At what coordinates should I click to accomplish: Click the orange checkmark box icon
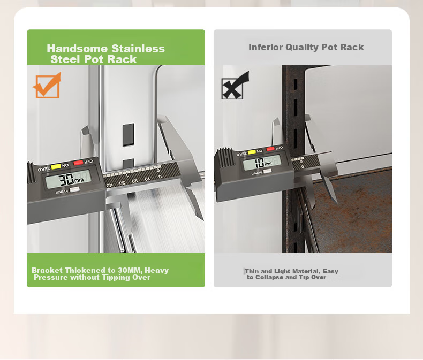[x=48, y=86]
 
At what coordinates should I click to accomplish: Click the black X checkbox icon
[x=234, y=86]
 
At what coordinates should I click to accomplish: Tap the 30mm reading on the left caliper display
[x=71, y=179]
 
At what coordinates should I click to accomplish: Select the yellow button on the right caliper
[x=252, y=152]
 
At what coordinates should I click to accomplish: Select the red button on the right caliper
[x=270, y=149]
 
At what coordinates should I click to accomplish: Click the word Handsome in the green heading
[x=78, y=49]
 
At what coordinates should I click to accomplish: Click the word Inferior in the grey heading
[x=266, y=47]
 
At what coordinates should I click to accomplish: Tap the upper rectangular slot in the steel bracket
[x=129, y=135]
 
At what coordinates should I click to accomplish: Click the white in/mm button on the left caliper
[x=74, y=190]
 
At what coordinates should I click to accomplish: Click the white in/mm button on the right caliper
[x=267, y=171]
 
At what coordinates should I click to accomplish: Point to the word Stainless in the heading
[x=138, y=49]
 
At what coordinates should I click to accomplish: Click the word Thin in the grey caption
[x=252, y=271]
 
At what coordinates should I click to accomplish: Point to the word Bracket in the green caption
[x=47, y=270]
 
